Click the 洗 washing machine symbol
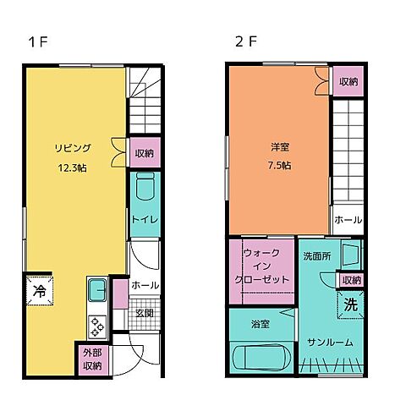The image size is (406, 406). (351, 305)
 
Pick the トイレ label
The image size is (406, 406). (142, 220)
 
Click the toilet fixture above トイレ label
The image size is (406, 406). (143, 187)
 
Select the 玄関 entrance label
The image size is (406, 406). (145, 313)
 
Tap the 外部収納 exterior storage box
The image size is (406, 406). (92, 359)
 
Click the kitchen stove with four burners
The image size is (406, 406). (96, 323)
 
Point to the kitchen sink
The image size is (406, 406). (95, 291)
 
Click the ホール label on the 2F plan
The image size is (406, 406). (348, 219)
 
